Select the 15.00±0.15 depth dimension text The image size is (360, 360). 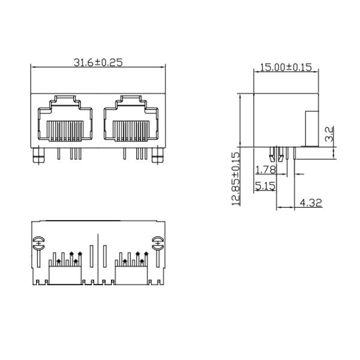point(286,68)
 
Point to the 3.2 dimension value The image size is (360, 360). point(329,133)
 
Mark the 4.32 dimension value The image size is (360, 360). point(310,203)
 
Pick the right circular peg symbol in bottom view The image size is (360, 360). point(158,244)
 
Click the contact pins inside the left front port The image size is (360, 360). point(64,130)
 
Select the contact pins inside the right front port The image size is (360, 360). point(131,130)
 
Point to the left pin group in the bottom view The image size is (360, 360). point(65,259)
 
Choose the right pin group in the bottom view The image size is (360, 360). point(132,259)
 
